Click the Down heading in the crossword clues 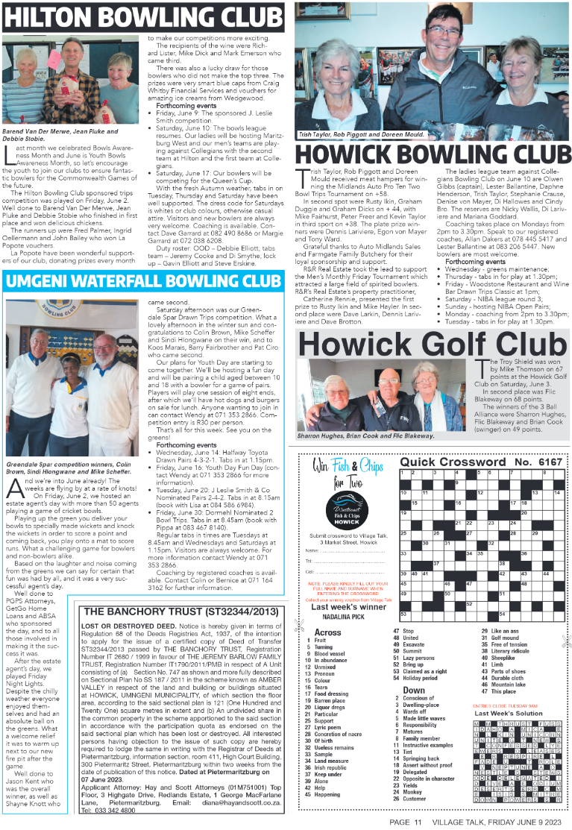pos(414,691)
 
